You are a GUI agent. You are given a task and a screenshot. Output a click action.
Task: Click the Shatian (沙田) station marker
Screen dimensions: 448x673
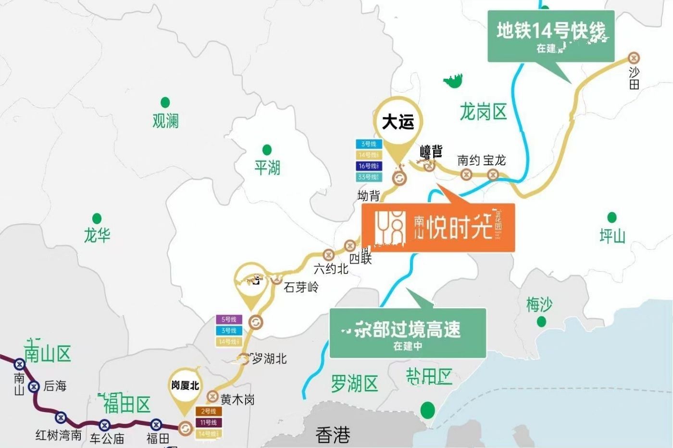point(634,58)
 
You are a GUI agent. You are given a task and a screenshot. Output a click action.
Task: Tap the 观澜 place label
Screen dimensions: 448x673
point(165,121)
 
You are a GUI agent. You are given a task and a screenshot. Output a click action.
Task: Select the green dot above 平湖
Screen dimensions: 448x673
point(267,150)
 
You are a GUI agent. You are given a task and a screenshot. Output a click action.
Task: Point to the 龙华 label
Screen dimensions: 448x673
point(97,235)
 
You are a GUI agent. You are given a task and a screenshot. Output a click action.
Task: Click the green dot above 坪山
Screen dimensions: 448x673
point(612,218)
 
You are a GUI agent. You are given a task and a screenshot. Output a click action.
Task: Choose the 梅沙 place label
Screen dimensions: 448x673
point(539,305)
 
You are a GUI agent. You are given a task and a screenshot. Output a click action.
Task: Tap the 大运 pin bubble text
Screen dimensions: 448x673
point(398,122)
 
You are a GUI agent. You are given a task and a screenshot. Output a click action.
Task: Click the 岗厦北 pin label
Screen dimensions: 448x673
point(185,386)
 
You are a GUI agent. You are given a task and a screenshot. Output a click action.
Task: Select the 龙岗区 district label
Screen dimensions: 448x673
point(483,112)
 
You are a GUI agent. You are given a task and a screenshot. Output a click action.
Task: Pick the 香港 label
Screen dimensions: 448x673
point(333,435)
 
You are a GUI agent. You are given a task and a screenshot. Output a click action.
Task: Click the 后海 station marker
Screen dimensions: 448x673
point(34,386)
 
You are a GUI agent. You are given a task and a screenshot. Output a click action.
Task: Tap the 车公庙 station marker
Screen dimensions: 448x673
point(104,425)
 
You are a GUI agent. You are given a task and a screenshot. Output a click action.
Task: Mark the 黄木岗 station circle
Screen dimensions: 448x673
point(212,397)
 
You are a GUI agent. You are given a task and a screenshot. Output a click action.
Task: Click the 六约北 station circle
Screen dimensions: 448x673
point(329,254)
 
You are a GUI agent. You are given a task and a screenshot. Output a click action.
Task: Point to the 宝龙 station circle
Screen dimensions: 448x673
point(492,174)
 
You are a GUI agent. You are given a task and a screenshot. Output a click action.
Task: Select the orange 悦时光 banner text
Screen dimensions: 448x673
point(459,227)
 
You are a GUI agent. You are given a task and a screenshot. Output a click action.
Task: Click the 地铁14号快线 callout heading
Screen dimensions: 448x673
point(550,31)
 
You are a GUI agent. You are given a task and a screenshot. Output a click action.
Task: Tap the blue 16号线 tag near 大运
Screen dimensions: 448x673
point(369,166)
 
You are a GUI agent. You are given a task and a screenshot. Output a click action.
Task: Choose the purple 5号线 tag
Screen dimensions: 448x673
point(229,319)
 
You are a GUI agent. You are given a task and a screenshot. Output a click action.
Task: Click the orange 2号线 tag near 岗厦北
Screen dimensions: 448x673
point(208,412)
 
